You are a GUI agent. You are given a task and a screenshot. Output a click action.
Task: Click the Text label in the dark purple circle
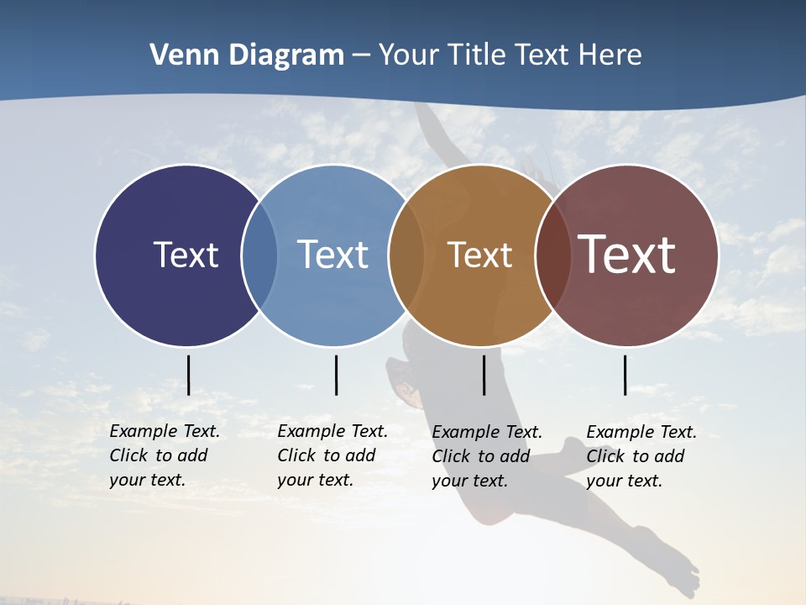tap(186, 255)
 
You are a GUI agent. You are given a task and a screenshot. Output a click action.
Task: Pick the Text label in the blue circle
tap(332, 255)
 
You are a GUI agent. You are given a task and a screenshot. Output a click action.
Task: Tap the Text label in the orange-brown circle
tap(479, 255)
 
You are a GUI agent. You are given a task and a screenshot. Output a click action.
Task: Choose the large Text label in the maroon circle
tap(626, 255)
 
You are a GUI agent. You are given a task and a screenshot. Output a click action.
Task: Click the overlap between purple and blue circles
tap(259, 255)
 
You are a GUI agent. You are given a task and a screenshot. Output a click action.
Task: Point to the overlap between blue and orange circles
tap(406, 255)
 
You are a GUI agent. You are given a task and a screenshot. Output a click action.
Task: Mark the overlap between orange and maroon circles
tap(552, 255)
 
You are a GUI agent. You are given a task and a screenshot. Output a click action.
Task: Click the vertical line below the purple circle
tap(188, 375)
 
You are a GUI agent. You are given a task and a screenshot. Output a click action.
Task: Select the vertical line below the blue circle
tap(336, 375)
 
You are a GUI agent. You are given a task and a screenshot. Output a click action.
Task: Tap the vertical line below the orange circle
tap(484, 375)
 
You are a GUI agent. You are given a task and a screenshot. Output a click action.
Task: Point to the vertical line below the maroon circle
tap(625, 375)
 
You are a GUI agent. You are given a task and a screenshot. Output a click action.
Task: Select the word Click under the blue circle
tap(296, 455)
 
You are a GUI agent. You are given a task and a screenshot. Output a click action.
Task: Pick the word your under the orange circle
tap(450, 481)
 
